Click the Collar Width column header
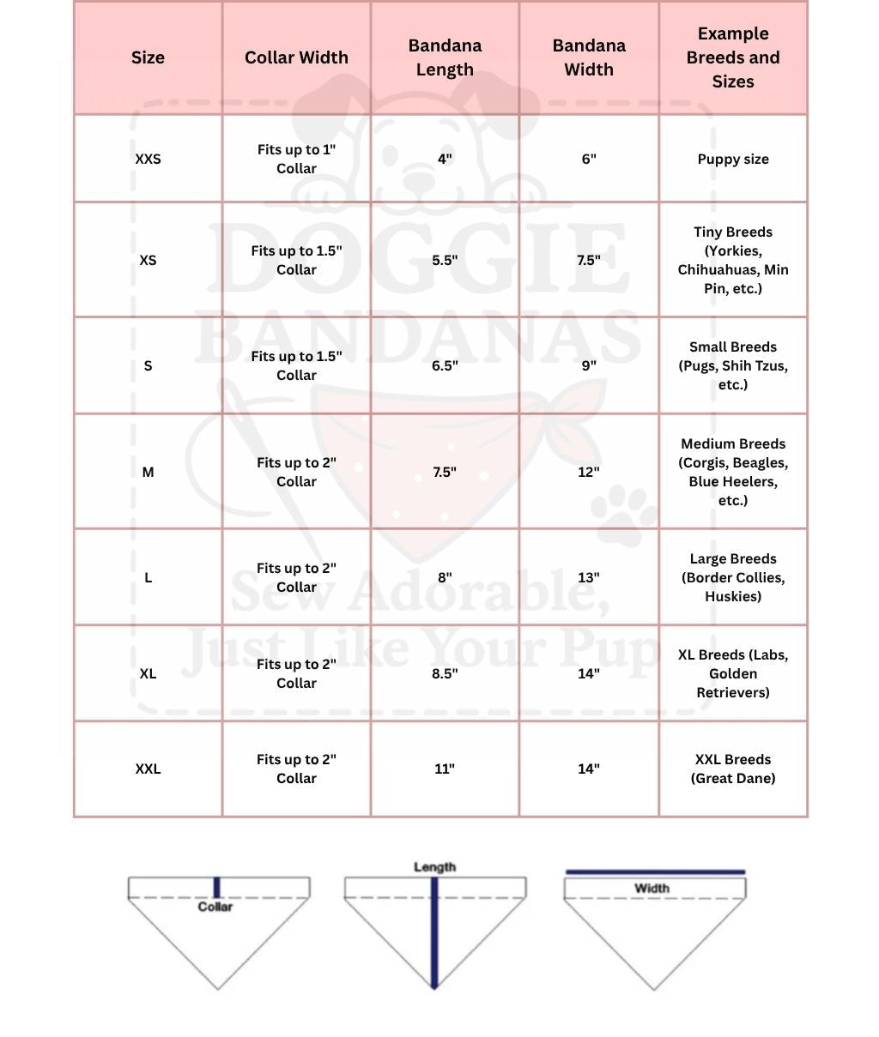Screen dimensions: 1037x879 [296, 57]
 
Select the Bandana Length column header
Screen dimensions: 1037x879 [445, 57]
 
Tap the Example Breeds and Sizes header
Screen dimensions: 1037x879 [733, 57]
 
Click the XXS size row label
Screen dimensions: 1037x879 [148, 159]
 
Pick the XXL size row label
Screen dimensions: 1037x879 [148, 769]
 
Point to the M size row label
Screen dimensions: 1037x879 [148, 472]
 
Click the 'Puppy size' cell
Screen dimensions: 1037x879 [733, 159]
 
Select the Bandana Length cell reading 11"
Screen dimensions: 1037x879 [445, 769]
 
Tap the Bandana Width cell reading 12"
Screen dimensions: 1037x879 [589, 472]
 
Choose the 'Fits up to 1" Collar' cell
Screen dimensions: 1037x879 [296, 159]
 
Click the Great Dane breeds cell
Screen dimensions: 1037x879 [733, 769]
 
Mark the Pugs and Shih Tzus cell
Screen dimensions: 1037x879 [733, 365]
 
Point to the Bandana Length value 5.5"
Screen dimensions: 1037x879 [445, 260]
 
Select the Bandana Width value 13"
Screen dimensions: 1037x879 [589, 577]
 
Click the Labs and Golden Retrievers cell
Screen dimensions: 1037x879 [733, 673]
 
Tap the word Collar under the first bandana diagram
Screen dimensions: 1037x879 [215, 907]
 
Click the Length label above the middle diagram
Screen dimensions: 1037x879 [434, 867]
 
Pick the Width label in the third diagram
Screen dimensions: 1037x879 [652, 889]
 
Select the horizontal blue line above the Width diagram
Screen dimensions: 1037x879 [655, 872]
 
